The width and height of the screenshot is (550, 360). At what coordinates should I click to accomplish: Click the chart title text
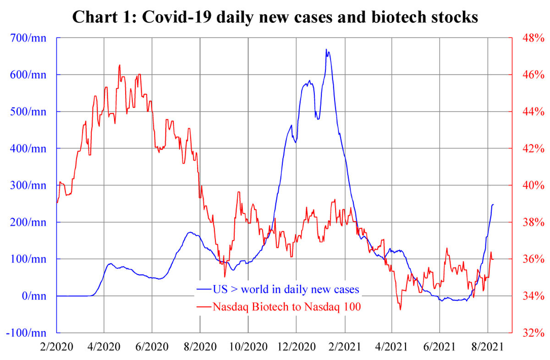pos(275,17)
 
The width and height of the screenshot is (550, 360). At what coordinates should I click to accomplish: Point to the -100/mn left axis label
pos(28,333)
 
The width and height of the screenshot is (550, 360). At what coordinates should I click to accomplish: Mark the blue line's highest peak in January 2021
pos(326,49)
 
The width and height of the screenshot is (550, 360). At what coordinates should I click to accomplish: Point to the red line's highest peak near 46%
pos(120,65)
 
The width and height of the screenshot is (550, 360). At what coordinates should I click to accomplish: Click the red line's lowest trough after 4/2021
pos(400,310)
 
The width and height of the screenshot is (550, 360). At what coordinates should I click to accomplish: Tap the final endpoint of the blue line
pos(493,204)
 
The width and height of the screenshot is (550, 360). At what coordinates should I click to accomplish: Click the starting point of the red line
pos(57,202)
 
